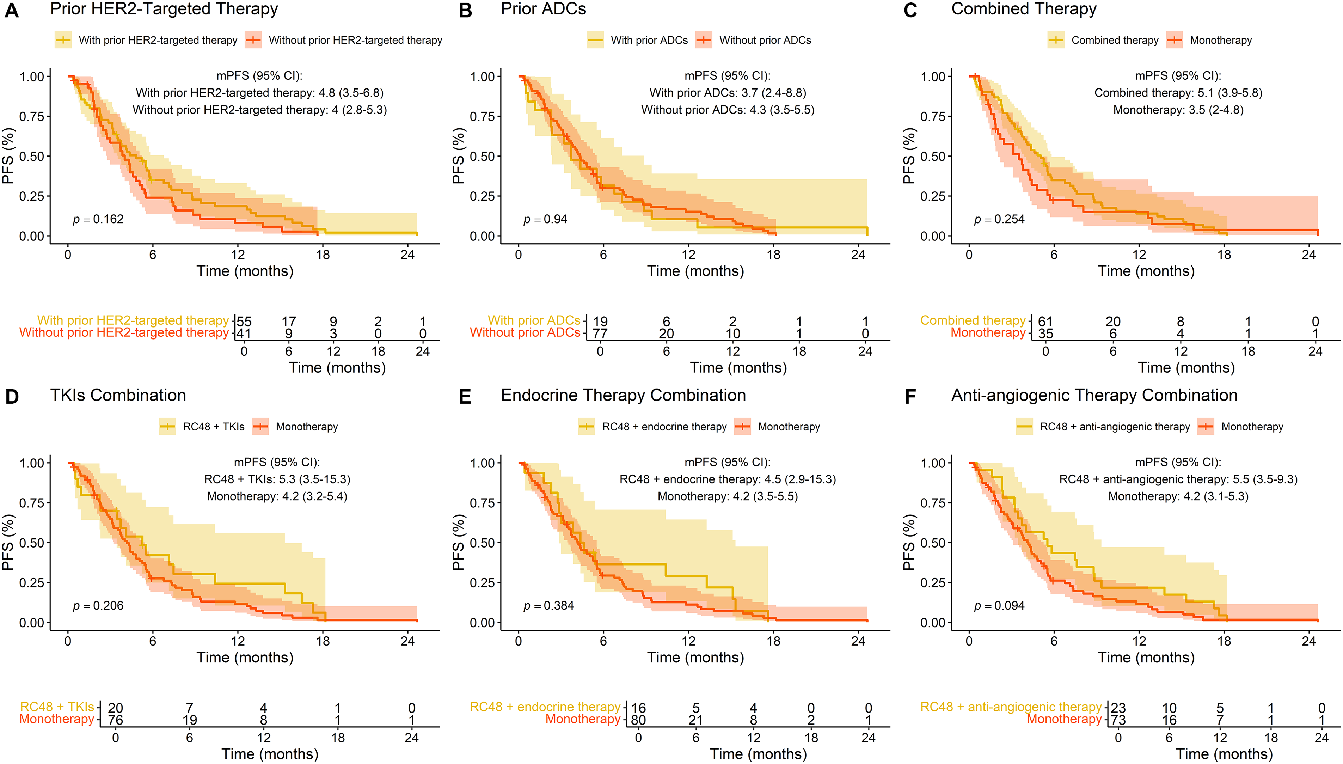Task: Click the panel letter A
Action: coord(12,11)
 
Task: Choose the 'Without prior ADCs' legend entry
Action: coord(764,41)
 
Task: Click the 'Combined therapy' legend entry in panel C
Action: coord(1114,41)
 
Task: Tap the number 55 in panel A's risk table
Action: coord(244,321)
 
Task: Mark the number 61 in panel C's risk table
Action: coord(1045,321)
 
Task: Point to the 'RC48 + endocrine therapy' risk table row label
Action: coord(545,707)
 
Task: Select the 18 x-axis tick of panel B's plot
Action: coord(773,255)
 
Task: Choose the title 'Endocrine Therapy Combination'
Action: coord(623,395)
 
